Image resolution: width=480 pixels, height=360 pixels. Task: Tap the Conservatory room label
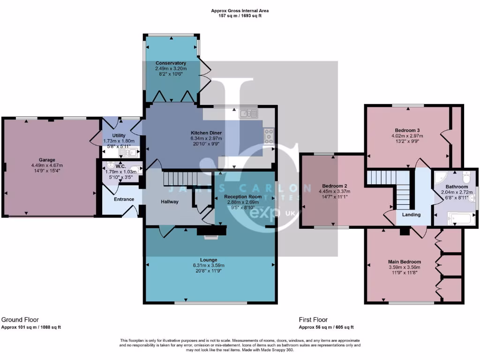tap(171, 63)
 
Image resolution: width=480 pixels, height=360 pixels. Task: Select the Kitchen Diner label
tap(206, 133)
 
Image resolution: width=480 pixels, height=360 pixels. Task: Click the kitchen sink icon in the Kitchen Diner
tap(248, 113)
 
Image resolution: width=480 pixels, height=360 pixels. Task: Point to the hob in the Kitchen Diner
tap(269, 136)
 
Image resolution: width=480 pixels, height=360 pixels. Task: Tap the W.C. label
tap(119, 166)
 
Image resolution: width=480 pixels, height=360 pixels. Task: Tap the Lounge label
tap(210, 260)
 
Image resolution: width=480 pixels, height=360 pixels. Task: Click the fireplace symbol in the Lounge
tap(212, 232)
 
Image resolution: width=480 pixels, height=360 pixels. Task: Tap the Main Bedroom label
tap(404, 262)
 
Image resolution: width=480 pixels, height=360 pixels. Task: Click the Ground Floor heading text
tap(20, 319)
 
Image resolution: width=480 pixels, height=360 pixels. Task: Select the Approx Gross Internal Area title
tap(240, 10)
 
